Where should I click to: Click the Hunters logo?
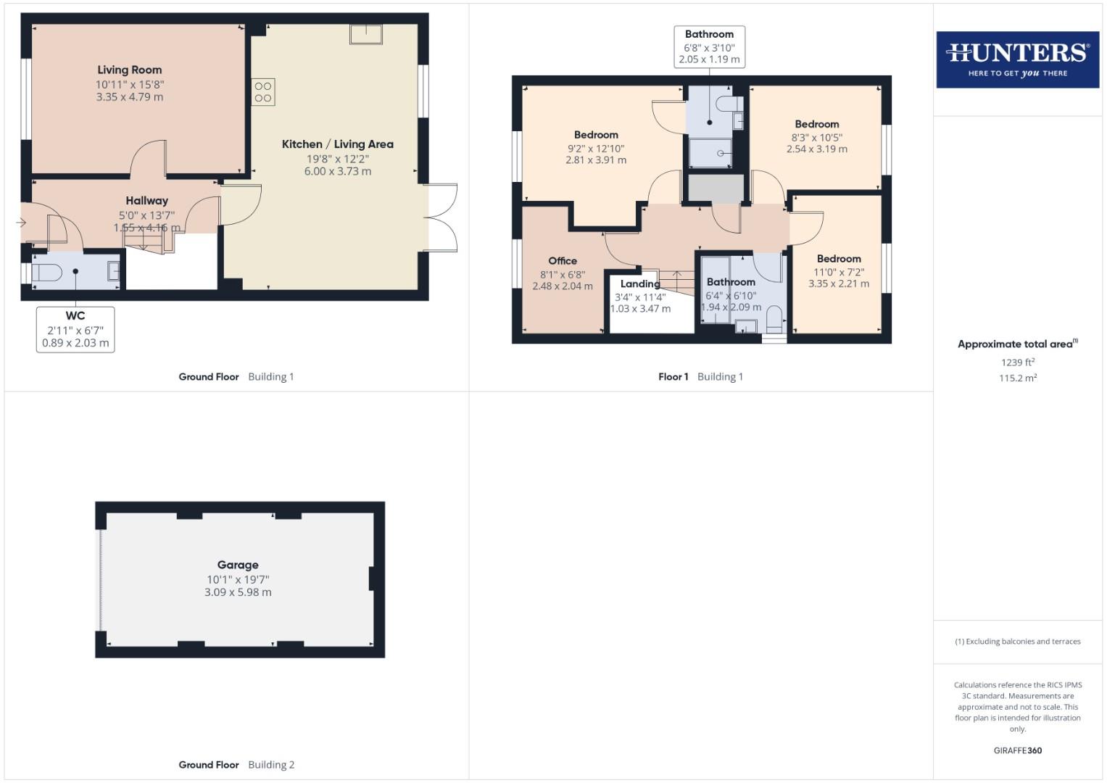click(1017, 59)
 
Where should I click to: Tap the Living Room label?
click(130, 70)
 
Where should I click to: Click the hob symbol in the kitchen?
click(263, 92)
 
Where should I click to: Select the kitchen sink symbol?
click(365, 34)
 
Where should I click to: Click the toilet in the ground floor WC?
click(46, 273)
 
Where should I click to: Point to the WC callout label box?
click(75, 329)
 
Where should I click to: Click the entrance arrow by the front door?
click(21, 223)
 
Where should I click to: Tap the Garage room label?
click(238, 565)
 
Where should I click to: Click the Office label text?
click(563, 261)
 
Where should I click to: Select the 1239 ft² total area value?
click(1017, 362)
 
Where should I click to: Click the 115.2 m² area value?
click(1017, 378)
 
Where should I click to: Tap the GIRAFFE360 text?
click(1017, 750)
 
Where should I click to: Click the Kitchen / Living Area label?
click(338, 144)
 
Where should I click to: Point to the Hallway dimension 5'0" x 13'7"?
click(146, 215)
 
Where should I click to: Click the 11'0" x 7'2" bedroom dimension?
click(839, 272)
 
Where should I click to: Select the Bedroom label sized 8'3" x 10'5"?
click(816, 124)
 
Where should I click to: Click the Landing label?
click(640, 284)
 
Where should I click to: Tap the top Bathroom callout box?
click(709, 46)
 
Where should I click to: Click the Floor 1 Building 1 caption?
click(700, 376)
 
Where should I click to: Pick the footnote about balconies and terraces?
click(1017, 642)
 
